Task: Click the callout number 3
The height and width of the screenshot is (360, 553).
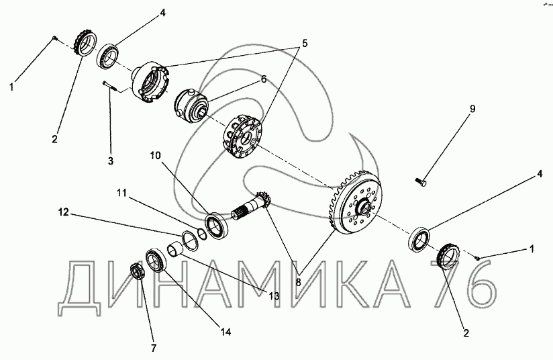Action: [110, 161]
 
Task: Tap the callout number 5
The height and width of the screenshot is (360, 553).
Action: [305, 44]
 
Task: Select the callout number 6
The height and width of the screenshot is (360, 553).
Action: [264, 80]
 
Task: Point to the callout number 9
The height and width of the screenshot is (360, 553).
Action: [472, 109]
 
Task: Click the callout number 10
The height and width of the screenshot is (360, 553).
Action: [156, 156]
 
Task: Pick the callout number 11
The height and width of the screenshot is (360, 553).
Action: [122, 193]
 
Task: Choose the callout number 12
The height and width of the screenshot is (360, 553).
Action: [64, 212]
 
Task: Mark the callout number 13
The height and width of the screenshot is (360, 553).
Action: [274, 296]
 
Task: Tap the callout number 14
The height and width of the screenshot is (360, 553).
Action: [225, 332]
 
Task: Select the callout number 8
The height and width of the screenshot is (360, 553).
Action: [299, 282]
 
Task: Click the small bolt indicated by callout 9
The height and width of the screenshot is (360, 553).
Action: [421, 182]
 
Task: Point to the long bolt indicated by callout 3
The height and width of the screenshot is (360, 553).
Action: [109, 87]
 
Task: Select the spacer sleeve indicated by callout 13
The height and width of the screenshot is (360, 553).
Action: [175, 250]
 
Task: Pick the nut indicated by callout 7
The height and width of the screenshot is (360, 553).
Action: [136, 271]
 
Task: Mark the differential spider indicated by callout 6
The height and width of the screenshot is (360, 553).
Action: [191, 105]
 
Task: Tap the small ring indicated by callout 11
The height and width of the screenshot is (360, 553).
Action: [202, 232]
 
